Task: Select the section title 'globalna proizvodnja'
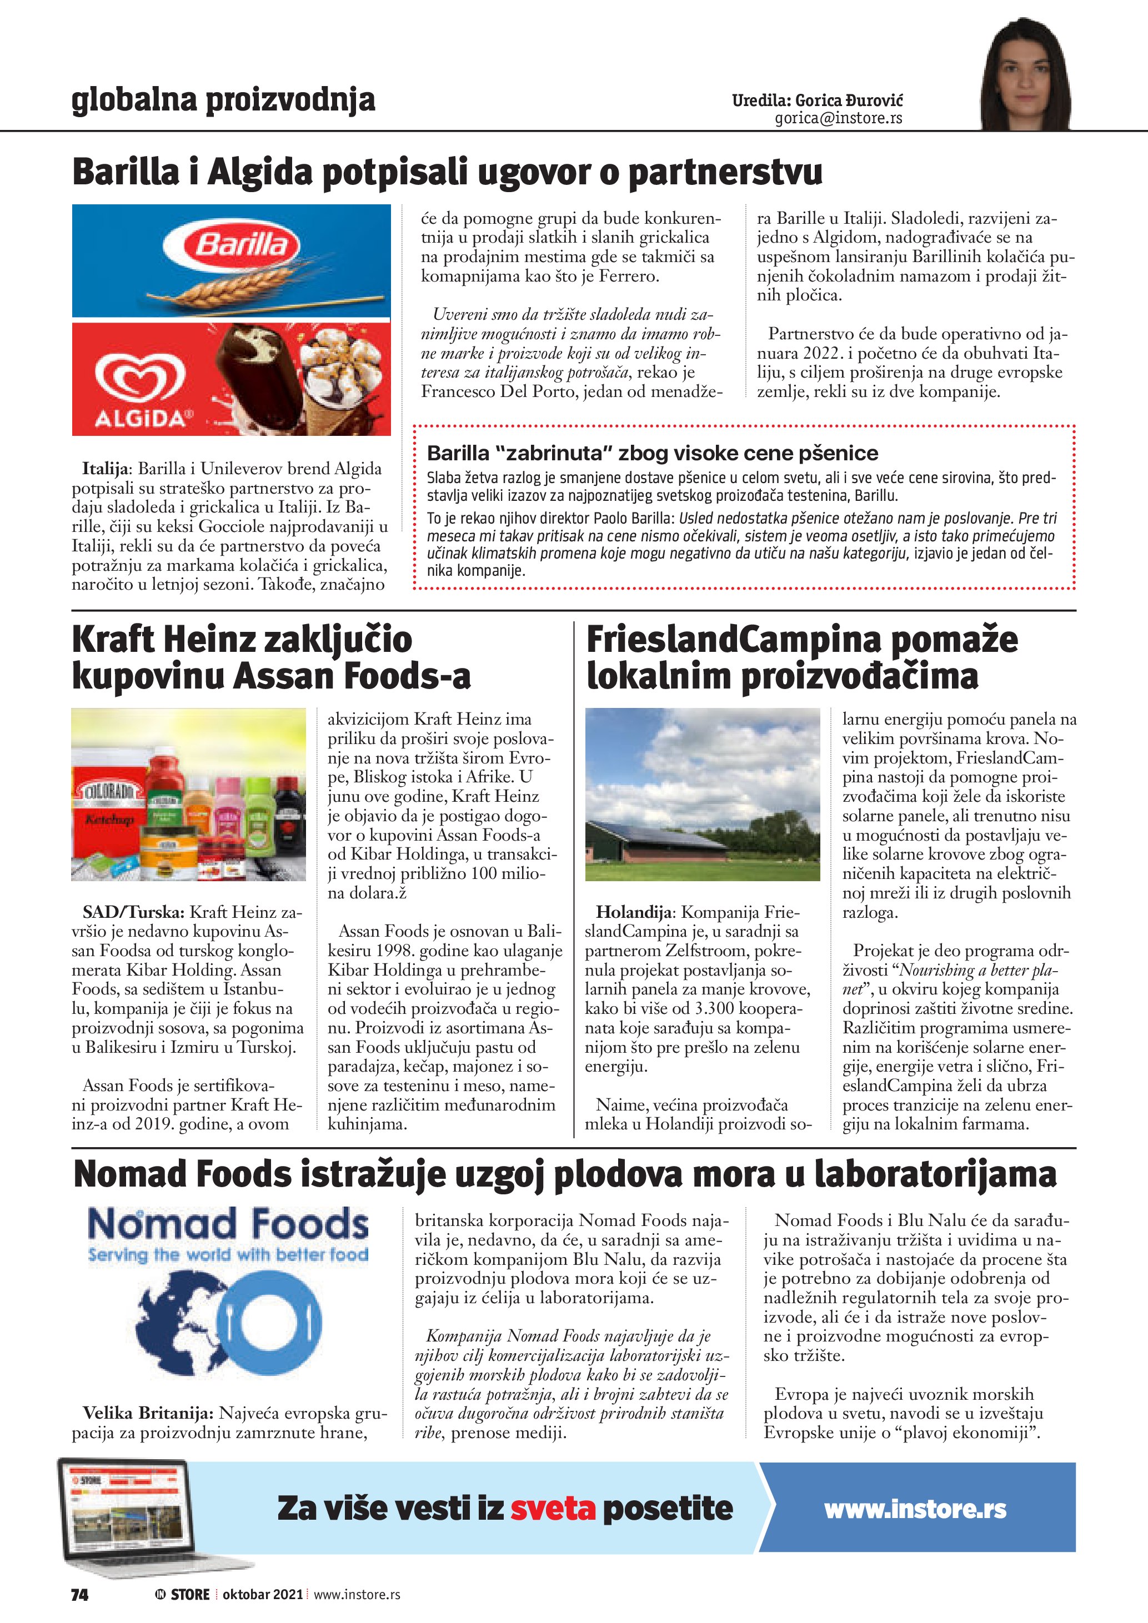[x=223, y=100]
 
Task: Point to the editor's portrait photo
[x=1025, y=74]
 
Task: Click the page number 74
[x=80, y=1594]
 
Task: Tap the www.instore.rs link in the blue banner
[x=915, y=1509]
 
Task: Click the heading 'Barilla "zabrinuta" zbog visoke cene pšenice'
[x=652, y=453]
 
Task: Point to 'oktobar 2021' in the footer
[x=262, y=1594]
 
